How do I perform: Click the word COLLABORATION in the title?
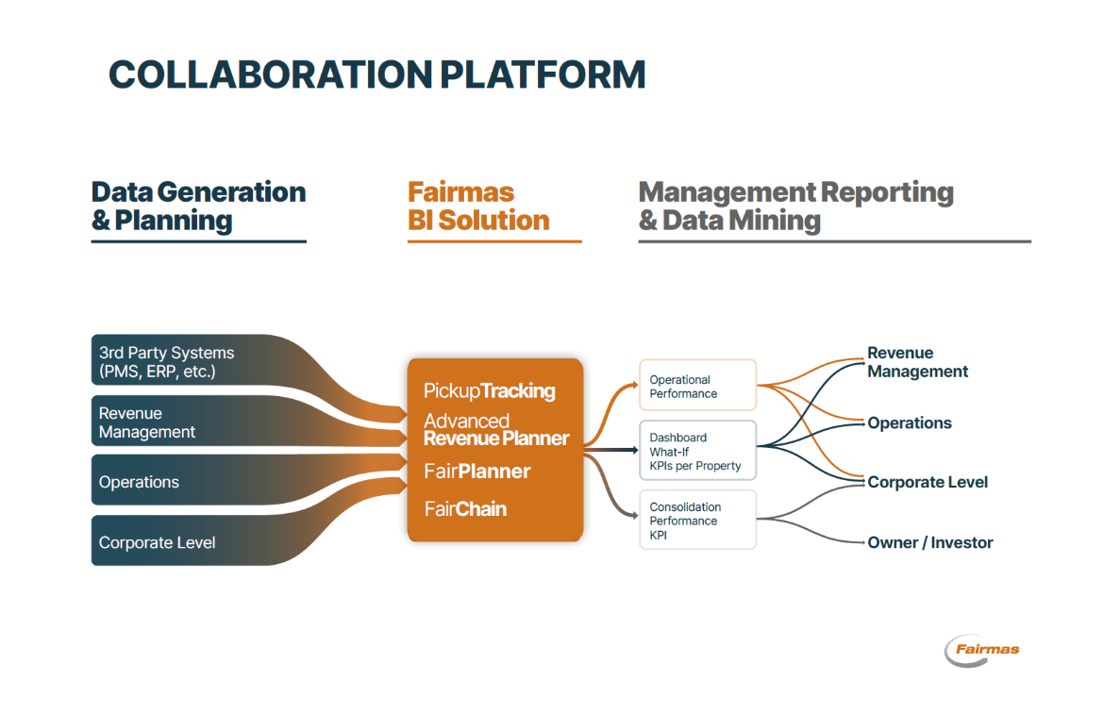[x=271, y=75]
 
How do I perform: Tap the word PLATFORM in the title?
[x=543, y=75]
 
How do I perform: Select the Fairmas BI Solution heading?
[x=478, y=207]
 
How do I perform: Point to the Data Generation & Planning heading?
[x=198, y=207]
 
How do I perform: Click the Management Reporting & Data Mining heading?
[x=795, y=207]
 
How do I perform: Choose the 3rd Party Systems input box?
[x=187, y=361]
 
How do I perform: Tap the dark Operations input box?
[x=187, y=481]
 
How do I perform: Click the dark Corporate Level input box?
[x=187, y=542]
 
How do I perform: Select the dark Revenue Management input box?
[x=187, y=422]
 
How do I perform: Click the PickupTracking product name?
[x=490, y=390]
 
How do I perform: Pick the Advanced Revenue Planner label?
[x=496, y=429]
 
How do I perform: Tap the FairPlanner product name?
[x=477, y=472]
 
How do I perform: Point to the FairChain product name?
[x=465, y=508]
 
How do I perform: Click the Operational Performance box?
[x=698, y=386]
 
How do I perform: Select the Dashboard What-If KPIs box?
[x=698, y=451]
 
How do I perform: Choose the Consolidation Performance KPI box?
[x=698, y=520]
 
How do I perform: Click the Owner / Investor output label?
[x=930, y=543]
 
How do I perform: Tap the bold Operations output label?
[x=910, y=422]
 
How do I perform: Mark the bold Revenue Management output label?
[x=918, y=362]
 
